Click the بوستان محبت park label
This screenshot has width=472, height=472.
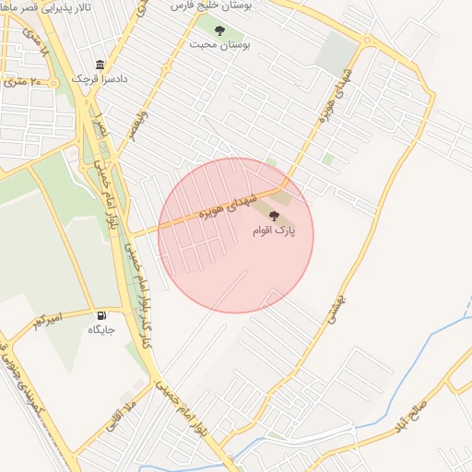pos(220,44)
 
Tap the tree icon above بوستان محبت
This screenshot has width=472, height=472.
pos(219,30)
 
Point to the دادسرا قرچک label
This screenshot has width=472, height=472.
pos(100,79)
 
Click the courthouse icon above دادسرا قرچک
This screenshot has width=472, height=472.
pos(100,65)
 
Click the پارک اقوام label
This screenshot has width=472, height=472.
pos(274,230)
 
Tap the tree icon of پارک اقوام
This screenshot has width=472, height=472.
pos(273,217)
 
